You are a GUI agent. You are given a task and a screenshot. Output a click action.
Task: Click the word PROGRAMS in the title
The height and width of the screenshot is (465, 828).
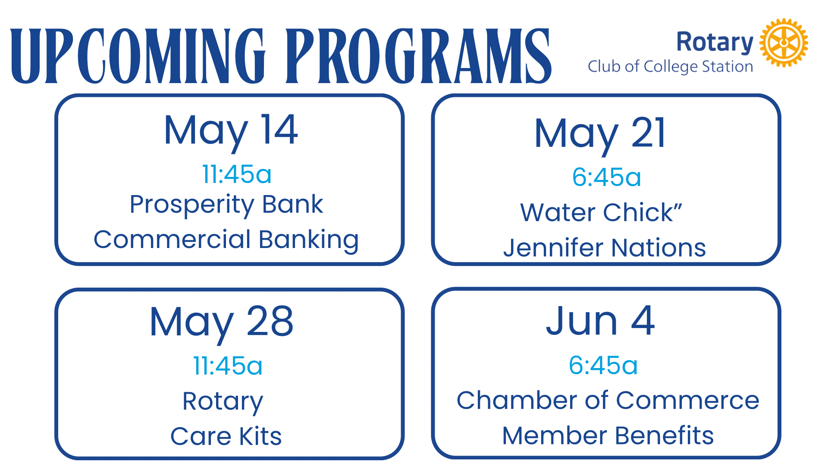(x=418, y=56)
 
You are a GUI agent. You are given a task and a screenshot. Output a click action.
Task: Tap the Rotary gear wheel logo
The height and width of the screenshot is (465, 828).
(x=784, y=43)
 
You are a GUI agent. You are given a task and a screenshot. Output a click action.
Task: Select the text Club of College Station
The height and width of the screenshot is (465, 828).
(x=671, y=67)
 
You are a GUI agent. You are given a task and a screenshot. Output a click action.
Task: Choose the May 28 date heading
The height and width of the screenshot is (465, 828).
(x=222, y=323)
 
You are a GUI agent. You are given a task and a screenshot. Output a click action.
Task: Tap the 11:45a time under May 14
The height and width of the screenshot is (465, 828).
(x=237, y=174)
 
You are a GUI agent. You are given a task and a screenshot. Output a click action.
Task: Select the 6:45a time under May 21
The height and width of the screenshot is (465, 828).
(x=606, y=177)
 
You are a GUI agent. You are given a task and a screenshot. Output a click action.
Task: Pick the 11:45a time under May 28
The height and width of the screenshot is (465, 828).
(x=228, y=366)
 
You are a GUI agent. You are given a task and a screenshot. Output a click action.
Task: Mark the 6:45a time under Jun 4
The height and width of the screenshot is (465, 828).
(x=603, y=365)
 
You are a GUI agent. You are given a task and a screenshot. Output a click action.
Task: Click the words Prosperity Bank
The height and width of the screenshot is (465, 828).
(x=226, y=205)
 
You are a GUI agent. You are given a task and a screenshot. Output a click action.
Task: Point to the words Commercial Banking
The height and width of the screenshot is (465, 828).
(x=226, y=240)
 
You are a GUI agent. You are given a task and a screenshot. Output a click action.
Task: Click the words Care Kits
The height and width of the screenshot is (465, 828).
(x=226, y=436)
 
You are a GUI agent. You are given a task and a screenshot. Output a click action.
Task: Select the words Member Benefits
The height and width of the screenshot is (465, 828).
(x=608, y=435)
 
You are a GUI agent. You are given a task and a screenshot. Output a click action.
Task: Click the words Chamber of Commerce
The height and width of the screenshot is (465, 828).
(x=608, y=400)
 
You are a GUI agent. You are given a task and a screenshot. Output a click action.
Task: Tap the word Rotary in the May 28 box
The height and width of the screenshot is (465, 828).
(x=223, y=402)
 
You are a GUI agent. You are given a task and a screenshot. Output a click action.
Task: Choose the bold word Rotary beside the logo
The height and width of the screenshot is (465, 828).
(x=715, y=43)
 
